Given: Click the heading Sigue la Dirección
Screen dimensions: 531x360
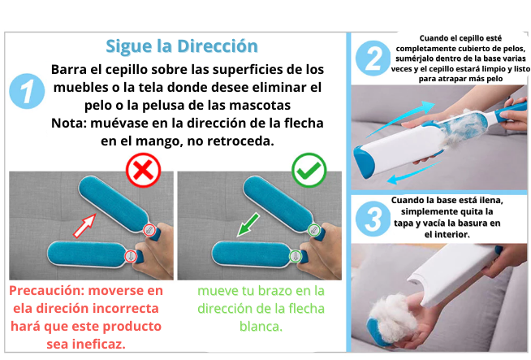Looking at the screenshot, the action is click(x=182, y=46).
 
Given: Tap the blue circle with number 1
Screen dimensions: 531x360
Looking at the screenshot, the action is click(x=27, y=91).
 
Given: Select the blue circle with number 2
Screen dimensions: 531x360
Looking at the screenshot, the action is click(x=373, y=59).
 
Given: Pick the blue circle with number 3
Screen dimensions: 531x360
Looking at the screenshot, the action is click(x=373, y=219).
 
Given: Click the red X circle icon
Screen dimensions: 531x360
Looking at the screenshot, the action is click(x=143, y=170).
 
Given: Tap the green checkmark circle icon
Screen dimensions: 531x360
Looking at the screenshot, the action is click(x=309, y=170).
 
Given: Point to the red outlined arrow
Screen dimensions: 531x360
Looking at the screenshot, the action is click(x=84, y=226).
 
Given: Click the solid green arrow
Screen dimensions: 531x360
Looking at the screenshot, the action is click(x=248, y=225).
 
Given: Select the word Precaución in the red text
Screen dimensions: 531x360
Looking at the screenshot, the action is click(x=46, y=291).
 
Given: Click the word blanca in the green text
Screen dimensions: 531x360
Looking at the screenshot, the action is click(x=261, y=327).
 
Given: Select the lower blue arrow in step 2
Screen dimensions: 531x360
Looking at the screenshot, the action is click(x=414, y=174).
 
